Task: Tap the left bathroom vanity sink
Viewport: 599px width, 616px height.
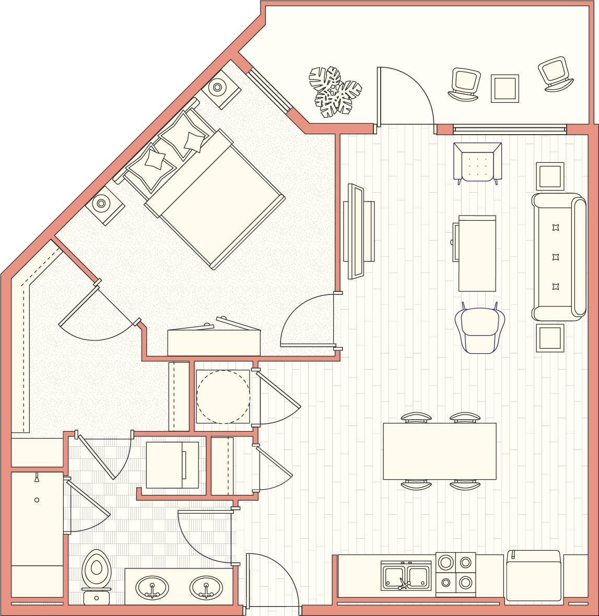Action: coord(152,588)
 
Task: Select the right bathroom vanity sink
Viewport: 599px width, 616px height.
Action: coord(206,588)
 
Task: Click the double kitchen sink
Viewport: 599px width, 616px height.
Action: coord(406,576)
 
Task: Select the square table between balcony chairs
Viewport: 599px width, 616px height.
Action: coord(504,88)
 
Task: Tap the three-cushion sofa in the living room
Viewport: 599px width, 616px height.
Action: coord(558,256)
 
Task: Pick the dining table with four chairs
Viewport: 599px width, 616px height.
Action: coord(439,451)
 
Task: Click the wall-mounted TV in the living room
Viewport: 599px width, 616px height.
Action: coord(358,231)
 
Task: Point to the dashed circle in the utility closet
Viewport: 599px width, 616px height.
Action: coord(223,397)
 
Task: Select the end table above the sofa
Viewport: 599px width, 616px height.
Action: coord(550,176)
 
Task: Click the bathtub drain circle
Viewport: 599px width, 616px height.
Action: coord(37,500)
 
